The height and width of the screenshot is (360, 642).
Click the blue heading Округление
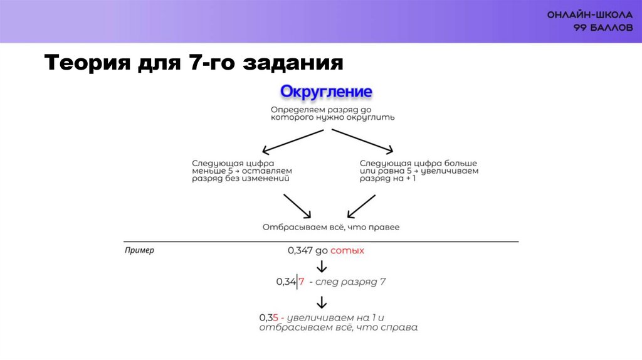(x=326, y=92)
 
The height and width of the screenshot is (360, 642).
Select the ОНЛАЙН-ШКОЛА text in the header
(x=586, y=15)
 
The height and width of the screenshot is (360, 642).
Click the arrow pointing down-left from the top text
(x=292, y=140)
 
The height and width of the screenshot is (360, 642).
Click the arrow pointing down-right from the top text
(x=362, y=140)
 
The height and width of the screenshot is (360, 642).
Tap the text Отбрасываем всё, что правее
(x=330, y=227)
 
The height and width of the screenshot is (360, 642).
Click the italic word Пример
(x=139, y=250)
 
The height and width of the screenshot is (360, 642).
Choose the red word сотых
(x=347, y=250)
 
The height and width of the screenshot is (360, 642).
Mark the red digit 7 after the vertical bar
(x=301, y=282)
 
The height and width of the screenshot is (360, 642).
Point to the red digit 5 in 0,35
(x=276, y=317)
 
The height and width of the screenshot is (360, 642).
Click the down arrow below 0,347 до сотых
(x=322, y=265)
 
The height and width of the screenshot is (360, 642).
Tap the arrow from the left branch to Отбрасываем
(x=298, y=206)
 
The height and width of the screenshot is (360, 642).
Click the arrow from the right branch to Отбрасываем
(x=361, y=206)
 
